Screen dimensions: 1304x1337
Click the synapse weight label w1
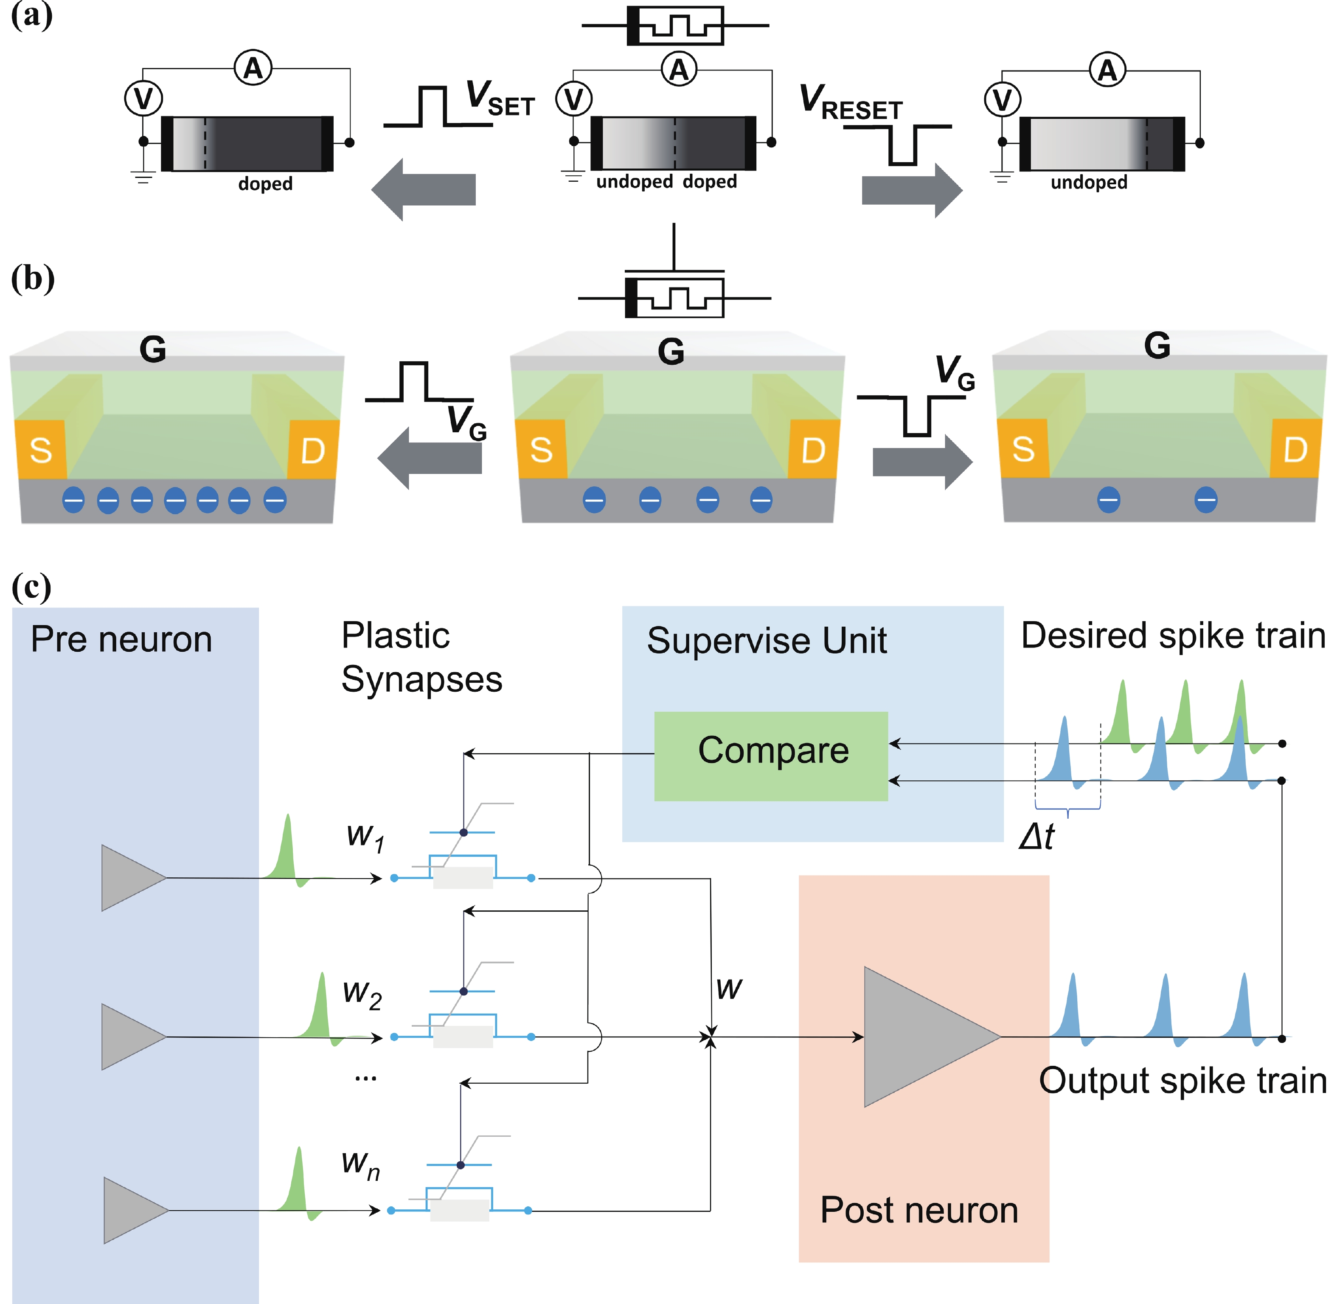click(365, 837)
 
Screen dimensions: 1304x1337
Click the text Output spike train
click(1182, 1081)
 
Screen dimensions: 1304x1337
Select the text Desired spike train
click(1173, 636)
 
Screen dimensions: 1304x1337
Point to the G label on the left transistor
click(153, 349)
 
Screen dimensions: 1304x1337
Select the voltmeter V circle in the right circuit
click(1002, 100)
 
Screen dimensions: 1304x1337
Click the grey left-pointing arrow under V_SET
click(424, 190)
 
